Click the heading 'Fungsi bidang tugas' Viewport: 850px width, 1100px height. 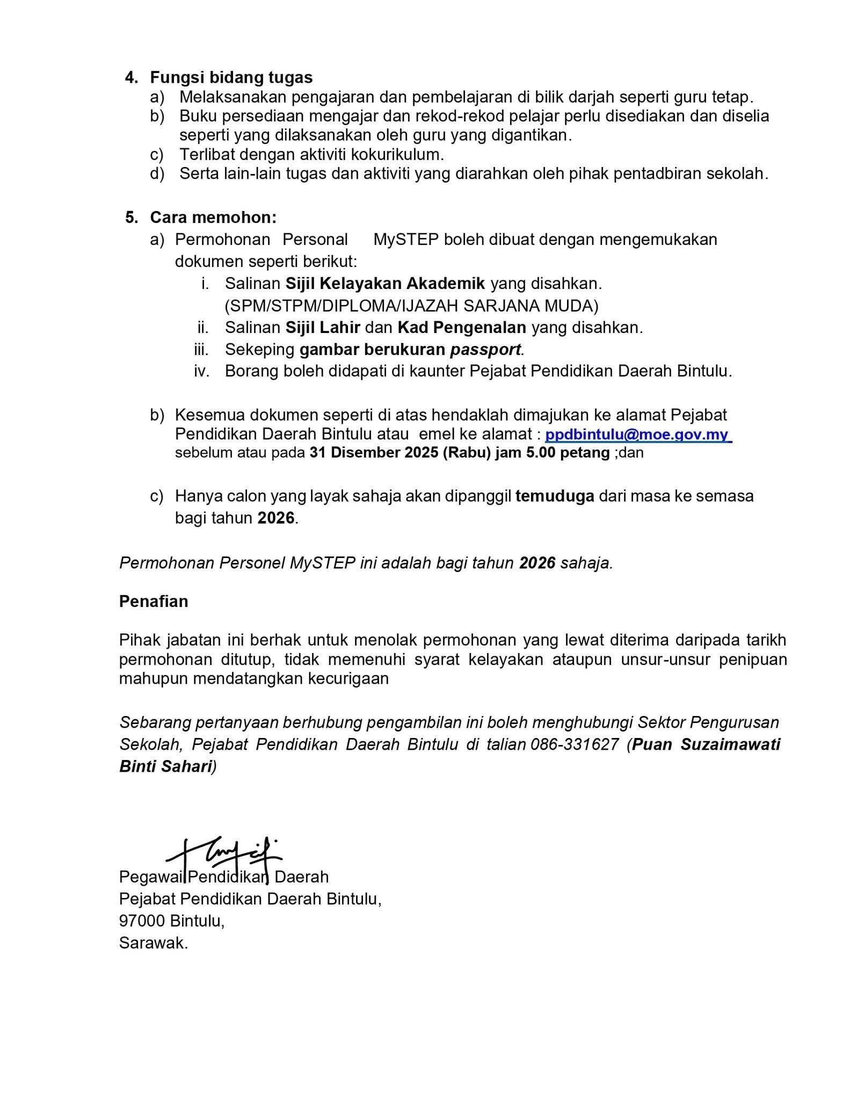point(231,77)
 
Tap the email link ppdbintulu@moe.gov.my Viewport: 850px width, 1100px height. point(637,435)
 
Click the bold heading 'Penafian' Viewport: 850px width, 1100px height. point(154,601)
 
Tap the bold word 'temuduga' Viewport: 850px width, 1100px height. point(555,496)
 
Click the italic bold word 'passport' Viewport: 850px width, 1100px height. point(485,350)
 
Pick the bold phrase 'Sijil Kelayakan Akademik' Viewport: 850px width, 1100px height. point(385,283)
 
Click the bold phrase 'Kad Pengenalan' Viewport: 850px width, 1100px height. point(462,327)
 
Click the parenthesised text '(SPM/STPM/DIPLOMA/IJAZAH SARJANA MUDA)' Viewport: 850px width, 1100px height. point(411,306)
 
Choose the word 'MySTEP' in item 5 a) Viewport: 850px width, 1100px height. point(406,240)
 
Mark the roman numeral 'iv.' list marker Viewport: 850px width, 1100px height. point(201,371)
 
